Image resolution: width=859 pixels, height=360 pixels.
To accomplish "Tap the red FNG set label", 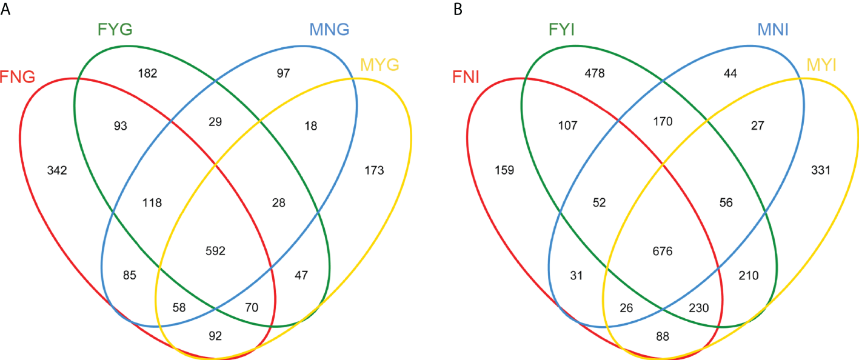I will pyautogui.click(x=19, y=78).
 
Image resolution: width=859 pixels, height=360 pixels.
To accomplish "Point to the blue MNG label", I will pyautogui.click(x=329, y=29).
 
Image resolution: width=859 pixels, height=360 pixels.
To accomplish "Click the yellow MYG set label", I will pyautogui.click(x=379, y=64).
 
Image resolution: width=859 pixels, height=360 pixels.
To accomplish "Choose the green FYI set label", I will pyautogui.click(x=563, y=30).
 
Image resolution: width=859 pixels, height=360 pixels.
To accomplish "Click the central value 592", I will pyautogui.click(x=215, y=250).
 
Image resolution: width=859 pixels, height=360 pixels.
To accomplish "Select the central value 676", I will pyautogui.click(x=662, y=250).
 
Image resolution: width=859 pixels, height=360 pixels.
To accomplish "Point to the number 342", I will pyautogui.click(x=57, y=171).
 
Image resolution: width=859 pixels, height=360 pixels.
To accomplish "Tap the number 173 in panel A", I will pyautogui.click(x=373, y=171).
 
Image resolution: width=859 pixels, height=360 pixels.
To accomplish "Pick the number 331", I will pyautogui.click(x=820, y=171).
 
